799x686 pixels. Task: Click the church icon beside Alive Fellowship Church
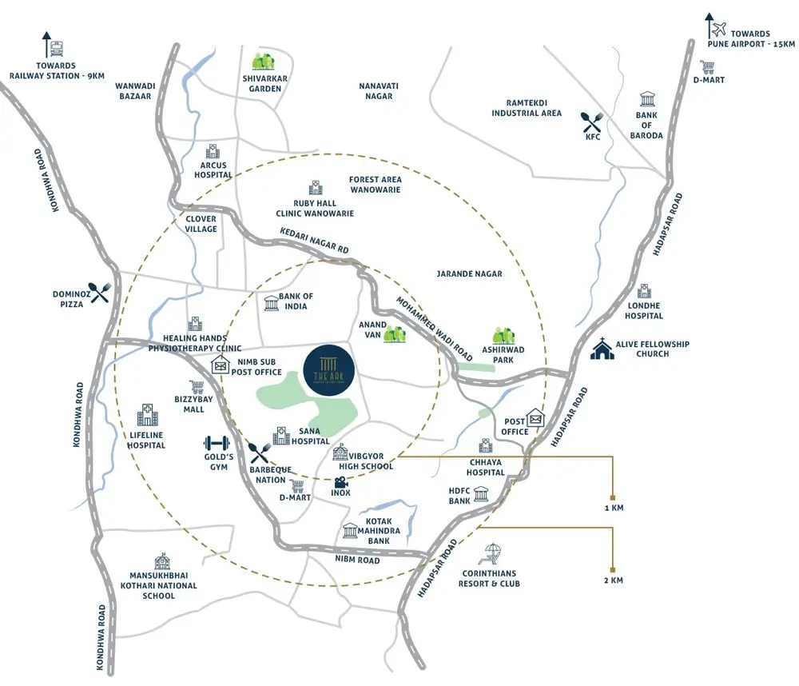click(600, 349)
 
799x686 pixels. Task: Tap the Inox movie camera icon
click(341, 482)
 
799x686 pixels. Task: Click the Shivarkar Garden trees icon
click(263, 61)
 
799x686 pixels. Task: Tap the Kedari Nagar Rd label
click(315, 241)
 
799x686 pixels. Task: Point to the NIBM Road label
click(357, 560)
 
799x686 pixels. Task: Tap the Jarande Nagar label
click(469, 273)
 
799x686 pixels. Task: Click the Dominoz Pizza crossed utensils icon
click(99, 293)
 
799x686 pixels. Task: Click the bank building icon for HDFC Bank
click(481, 494)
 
